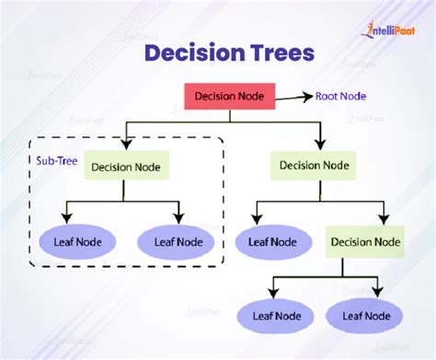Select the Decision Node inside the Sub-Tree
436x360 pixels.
click(x=124, y=167)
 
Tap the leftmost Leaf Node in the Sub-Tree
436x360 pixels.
click(x=77, y=242)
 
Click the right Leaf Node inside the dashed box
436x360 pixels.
click(x=176, y=242)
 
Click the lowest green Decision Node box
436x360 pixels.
click(x=366, y=243)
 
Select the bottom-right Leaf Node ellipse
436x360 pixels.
click(x=366, y=316)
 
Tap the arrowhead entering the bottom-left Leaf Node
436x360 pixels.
click(x=272, y=294)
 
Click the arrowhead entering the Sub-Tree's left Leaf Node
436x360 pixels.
click(x=67, y=220)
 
